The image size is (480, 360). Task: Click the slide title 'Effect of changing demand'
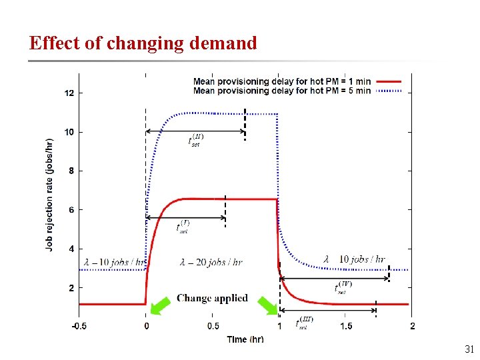pos(143,43)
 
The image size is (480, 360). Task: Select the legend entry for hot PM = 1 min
pos(282,82)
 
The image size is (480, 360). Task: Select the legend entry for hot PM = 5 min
pos(282,91)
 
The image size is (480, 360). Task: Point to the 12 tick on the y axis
pos(69,93)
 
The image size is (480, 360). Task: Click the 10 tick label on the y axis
pos(69,132)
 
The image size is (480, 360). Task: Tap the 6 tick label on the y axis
pos(70,210)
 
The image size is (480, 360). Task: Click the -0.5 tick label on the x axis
pos(79,326)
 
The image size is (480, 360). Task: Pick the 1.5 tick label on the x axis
pos(345,326)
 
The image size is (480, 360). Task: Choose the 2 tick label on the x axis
pos(412,326)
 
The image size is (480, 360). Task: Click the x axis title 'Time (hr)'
pos(245,339)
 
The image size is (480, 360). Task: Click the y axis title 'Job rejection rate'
pos(50,194)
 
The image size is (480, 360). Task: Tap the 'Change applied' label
pos(212,298)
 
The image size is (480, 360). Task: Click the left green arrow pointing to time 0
pos(159,305)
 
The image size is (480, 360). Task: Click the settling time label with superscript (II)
pos(196,140)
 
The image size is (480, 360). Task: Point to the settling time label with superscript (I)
pos(183,227)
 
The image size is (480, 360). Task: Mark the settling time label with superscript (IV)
pos(343,287)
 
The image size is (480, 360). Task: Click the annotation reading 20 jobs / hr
pos(211,262)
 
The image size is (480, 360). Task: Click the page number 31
pos(469,349)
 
